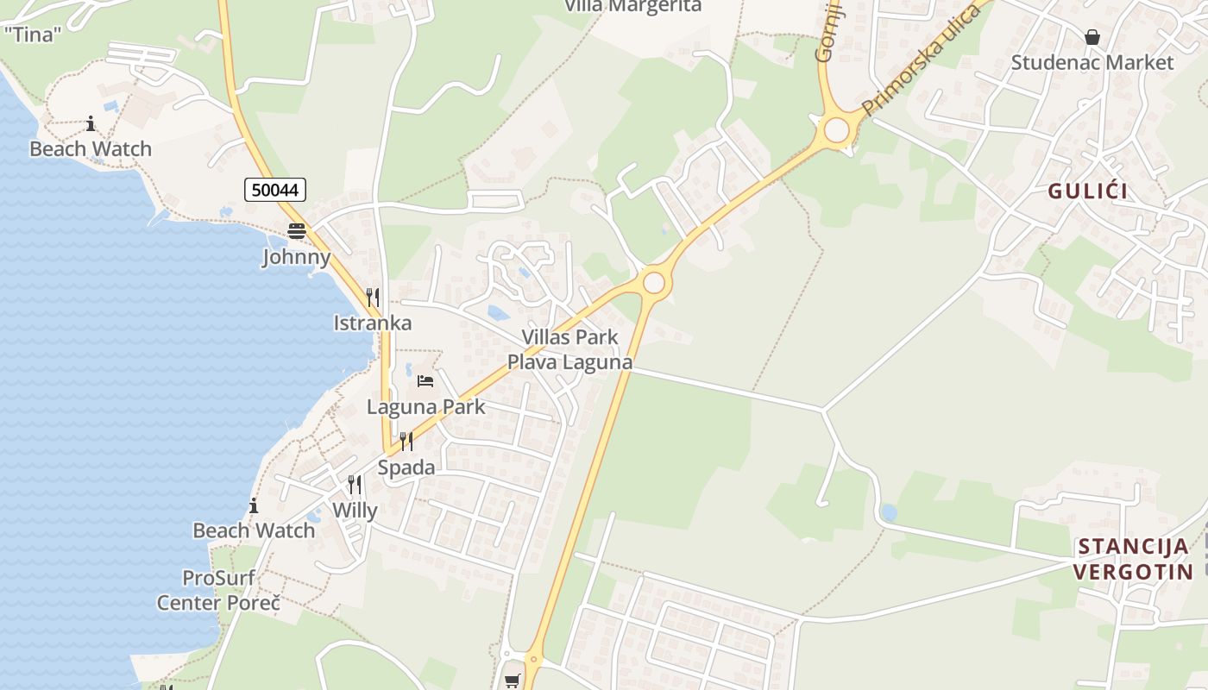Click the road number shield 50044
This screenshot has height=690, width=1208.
tap(275, 190)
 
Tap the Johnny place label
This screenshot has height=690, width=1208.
tap(297, 257)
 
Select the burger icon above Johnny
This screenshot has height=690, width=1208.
tap(297, 230)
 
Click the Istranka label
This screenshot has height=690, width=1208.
tap(373, 323)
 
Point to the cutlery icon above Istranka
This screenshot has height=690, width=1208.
tap(373, 298)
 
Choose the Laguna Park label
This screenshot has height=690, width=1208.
tap(426, 406)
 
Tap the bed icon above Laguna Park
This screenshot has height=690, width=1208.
tap(425, 380)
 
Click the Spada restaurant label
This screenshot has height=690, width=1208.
tap(406, 467)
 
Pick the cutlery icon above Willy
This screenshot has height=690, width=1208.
tap(355, 485)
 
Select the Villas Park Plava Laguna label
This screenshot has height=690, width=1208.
tap(569, 349)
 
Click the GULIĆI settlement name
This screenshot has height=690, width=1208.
tap(1088, 191)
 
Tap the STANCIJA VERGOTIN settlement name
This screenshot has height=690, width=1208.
tap(1134, 558)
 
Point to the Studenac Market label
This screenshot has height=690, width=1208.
tap(1092, 62)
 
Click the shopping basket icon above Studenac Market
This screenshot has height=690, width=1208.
tap(1092, 37)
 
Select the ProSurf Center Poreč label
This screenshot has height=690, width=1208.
tap(219, 590)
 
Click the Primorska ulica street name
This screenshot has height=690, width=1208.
tap(922, 59)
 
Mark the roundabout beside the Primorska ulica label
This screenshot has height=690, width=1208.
tap(836, 130)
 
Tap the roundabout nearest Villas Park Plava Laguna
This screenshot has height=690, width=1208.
tap(654, 283)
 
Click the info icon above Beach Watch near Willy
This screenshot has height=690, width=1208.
tap(254, 505)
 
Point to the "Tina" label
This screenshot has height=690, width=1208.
tap(34, 34)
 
